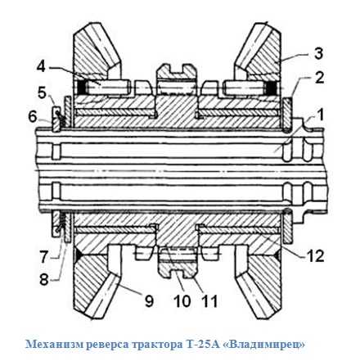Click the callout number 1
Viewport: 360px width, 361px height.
click(x=320, y=115)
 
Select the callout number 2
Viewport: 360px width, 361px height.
click(x=318, y=78)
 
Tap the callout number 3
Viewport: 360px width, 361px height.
click(x=318, y=53)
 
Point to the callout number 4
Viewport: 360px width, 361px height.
click(x=41, y=66)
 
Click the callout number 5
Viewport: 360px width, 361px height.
click(x=42, y=93)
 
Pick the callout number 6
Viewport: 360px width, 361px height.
click(x=33, y=117)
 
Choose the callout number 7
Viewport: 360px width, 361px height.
click(x=44, y=257)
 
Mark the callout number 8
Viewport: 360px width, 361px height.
click(x=44, y=279)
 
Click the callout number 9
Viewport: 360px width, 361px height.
click(x=149, y=301)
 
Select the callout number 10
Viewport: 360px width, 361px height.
click(x=182, y=301)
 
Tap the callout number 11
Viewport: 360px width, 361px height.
click(x=209, y=301)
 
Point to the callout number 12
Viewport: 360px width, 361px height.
click(x=315, y=256)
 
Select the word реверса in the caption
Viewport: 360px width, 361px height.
click(x=107, y=345)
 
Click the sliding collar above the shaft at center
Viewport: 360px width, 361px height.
click(x=176, y=79)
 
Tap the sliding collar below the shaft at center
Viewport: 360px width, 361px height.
click(x=178, y=263)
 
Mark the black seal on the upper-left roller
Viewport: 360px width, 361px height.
click(x=82, y=88)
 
